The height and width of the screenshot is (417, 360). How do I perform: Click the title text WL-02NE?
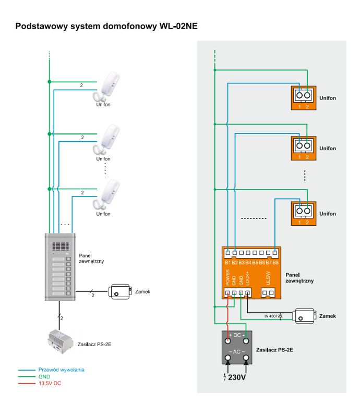(177, 26)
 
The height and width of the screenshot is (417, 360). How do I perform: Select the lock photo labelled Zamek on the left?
(119, 291)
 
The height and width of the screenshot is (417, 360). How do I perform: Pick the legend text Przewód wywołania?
(61, 370)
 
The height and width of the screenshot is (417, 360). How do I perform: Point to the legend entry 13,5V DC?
(50, 383)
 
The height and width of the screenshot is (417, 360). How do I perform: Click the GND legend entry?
(44, 376)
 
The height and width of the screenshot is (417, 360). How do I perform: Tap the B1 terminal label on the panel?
(228, 262)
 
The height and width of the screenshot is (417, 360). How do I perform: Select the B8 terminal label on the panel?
(275, 262)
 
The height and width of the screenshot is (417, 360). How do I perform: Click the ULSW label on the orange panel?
(268, 278)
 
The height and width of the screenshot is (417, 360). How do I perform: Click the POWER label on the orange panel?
(228, 278)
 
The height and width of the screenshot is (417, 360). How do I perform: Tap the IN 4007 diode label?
(271, 316)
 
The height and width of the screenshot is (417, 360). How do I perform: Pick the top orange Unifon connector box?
(303, 97)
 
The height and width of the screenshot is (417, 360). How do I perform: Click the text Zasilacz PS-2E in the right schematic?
(274, 350)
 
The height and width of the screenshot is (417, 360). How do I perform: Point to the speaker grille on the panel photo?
(61, 247)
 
